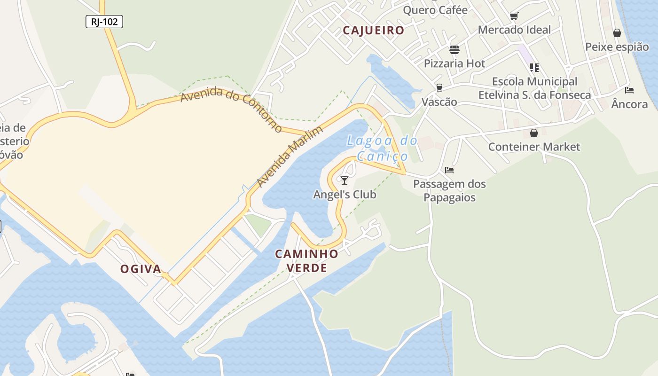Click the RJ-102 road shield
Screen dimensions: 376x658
(104, 21)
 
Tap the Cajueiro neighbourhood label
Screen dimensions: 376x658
(374, 31)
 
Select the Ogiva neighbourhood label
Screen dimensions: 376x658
(141, 269)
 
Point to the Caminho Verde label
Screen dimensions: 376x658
(306, 261)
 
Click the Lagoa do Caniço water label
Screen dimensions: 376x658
(382, 148)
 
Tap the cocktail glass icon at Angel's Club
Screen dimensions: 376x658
(345, 180)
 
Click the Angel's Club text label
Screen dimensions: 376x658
(345, 194)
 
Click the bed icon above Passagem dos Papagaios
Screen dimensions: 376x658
(449, 170)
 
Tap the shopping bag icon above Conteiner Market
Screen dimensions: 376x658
(533, 133)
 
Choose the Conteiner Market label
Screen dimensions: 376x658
(534, 147)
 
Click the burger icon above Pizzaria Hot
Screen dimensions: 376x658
(454, 50)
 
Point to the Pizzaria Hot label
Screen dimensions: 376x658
(454, 63)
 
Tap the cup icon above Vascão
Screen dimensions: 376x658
(439, 88)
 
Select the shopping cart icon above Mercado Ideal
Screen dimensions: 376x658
(514, 16)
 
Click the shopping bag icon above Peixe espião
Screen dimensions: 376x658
(617, 33)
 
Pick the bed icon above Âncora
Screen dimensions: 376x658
(629, 90)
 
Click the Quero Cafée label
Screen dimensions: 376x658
(435, 10)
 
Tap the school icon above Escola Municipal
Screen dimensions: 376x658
(534, 68)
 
